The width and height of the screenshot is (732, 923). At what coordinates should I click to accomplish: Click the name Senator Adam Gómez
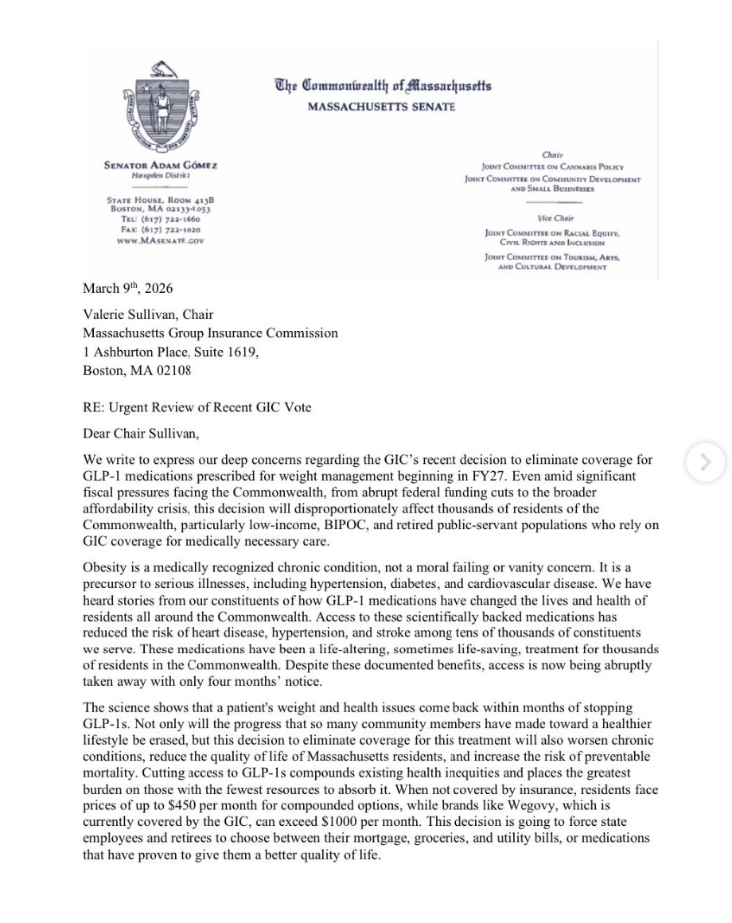[x=161, y=166]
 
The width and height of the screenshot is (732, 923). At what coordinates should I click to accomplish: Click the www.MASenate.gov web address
[x=161, y=240]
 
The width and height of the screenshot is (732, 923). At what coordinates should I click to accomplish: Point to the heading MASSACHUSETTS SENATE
[x=381, y=107]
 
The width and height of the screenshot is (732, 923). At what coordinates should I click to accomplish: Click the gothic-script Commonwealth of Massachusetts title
[x=383, y=86]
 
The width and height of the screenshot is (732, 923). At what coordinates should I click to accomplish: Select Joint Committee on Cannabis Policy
[x=552, y=167]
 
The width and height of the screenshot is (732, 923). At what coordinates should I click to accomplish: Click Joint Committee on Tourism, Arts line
[x=552, y=258]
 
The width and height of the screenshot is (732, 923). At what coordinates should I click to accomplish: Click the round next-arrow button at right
[x=705, y=462]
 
